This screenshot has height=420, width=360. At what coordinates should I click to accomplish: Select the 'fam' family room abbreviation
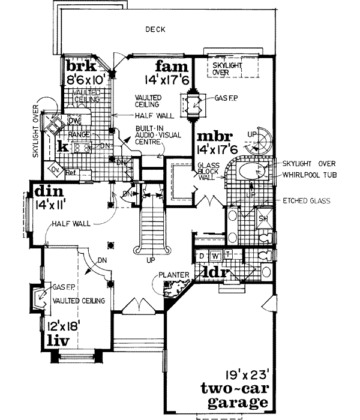[x=173, y=65]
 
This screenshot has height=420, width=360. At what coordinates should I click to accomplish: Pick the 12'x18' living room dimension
[x=60, y=327]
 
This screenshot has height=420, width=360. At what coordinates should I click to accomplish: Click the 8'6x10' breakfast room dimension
[x=87, y=78]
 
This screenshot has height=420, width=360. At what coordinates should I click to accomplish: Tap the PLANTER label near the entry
[x=174, y=275]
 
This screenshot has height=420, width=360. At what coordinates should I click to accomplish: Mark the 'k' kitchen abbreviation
[x=62, y=146]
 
